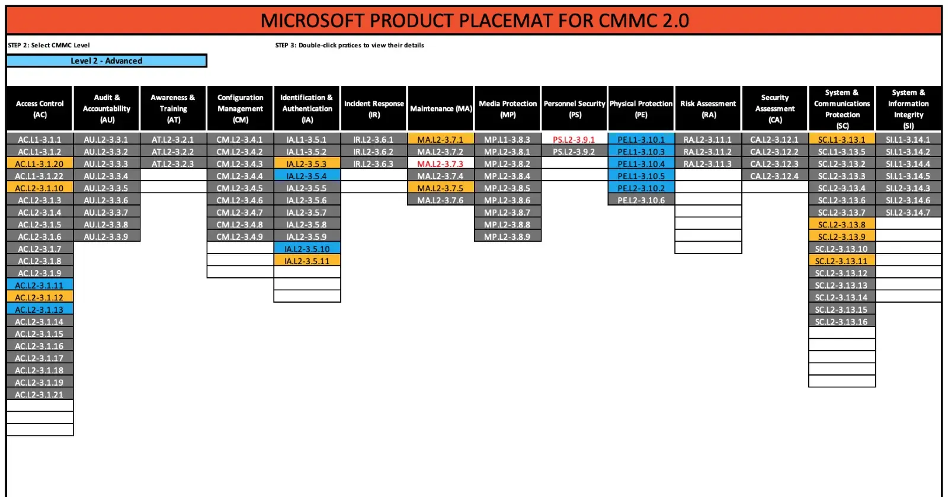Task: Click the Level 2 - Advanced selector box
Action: click(107, 60)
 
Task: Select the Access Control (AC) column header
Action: click(40, 109)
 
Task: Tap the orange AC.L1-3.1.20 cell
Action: click(40, 163)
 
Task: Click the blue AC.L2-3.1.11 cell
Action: click(40, 285)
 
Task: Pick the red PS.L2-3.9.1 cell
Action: click(574, 139)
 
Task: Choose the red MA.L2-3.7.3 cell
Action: click(440, 163)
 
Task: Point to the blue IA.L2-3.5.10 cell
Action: click(307, 249)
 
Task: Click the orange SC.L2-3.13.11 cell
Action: click(841, 261)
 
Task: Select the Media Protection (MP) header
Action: click(507, 109)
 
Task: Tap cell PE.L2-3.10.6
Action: click(640, 200)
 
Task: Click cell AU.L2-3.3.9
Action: click(106, 236)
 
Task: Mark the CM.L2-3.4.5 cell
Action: click(240, 188)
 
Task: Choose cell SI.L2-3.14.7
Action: click(908, 212)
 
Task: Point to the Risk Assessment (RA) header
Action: click(708, 109)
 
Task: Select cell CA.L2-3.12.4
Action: click(774, 176)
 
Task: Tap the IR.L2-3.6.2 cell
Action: click(374, 152)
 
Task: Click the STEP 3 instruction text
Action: click(350, 45)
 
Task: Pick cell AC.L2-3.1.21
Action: click(40, 394)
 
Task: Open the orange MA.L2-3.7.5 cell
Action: click(440, 188)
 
